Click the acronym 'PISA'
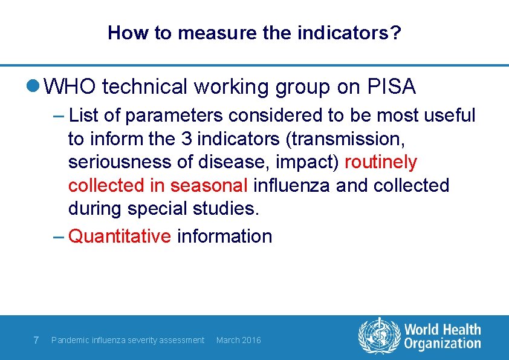[391, 87]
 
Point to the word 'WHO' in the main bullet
[70, 87]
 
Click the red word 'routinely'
[381, 162]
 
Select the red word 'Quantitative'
[120, 236]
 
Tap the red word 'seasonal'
[209, 185]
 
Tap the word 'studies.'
[226, 209]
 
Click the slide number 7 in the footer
[36, 340]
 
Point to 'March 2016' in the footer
[238, 340]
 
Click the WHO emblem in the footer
[380, 336]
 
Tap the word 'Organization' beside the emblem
[443, 344]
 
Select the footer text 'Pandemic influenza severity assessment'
[128, 340]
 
